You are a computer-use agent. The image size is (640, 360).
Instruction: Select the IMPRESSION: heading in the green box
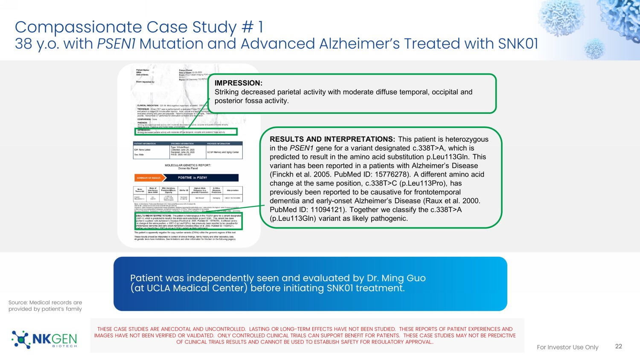click(239, 83)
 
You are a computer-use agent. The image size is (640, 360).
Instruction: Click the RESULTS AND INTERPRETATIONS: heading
click(332, 139)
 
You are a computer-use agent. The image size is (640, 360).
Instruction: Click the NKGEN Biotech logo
click(44, 340)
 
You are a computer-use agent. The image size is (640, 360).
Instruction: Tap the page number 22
click(619, 346)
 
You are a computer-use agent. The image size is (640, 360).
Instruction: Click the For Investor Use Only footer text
click(567, 347)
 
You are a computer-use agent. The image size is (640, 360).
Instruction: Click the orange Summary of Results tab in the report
click(148, 178)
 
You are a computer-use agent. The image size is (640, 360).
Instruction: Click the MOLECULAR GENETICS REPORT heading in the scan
click(188, 165)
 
